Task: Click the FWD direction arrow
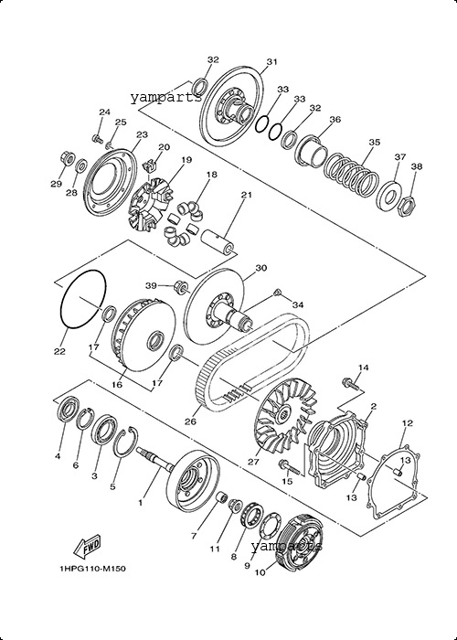tap(87, 547)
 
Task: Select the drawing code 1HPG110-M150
tap(92, 569)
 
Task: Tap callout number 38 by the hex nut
tap(417, 166)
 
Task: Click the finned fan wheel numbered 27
tap(286, 415)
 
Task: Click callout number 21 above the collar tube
tap(247, 195)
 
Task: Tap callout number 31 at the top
tap(271, 62)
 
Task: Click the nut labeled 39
tap(181, 285)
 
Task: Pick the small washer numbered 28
tap(81, 165)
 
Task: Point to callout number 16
tap(117, 385)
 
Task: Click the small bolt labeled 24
tap(97, 138)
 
